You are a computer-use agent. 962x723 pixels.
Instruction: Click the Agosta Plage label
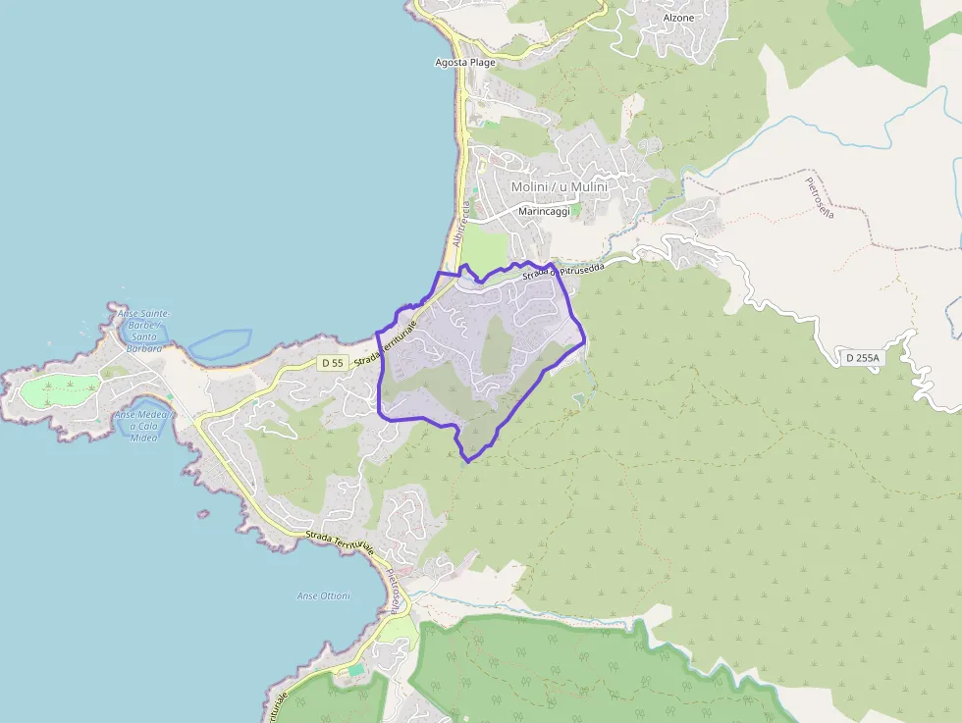click(465, 62)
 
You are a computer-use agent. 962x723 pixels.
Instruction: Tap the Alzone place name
click(678, 18)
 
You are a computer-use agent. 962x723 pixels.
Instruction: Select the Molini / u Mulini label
click(559, 186)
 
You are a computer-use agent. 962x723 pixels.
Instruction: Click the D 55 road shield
click(332, 363)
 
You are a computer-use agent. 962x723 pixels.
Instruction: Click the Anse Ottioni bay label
click(323, 595)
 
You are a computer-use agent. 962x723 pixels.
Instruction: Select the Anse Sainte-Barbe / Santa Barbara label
click(144, 331)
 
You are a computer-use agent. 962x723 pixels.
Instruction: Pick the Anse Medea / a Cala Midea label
click(143, 425)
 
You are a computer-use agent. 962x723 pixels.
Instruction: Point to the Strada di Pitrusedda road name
click(564, 270)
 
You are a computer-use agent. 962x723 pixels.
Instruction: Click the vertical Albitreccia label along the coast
click(461, 224)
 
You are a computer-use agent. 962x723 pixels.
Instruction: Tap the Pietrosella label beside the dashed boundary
click(819, 197)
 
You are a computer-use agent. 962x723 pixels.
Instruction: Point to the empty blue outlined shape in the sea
click(220, 343)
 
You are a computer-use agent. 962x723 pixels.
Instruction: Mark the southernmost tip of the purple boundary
click(468, 460)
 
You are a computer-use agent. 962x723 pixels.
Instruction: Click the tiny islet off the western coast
click(203, 513)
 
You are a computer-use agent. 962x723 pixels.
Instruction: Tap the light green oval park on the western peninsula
click(59, 390)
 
